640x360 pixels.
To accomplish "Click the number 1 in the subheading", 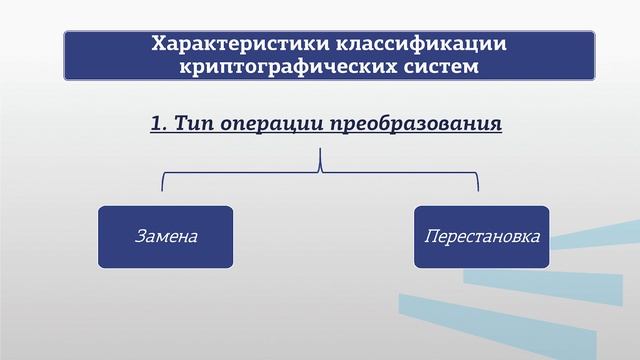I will (x=156, y=124).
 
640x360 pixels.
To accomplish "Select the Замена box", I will (x=166, y=237).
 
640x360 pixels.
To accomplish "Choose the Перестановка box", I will (x=482, y=237).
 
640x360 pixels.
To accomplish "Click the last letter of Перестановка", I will (x=536, y=238).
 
